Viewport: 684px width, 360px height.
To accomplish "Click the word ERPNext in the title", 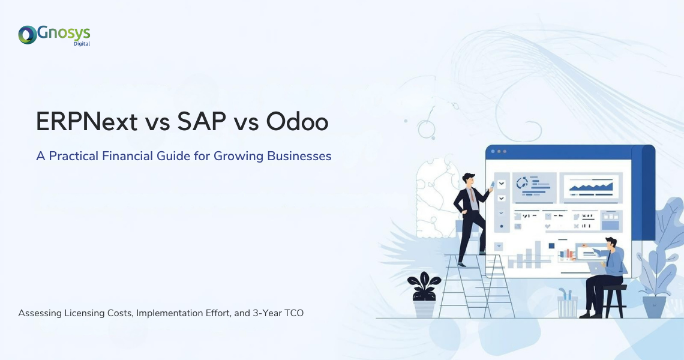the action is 87,121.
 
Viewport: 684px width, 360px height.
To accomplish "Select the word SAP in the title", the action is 202,121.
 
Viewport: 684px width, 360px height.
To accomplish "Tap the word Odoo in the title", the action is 297,121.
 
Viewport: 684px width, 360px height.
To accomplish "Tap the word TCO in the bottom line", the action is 294,313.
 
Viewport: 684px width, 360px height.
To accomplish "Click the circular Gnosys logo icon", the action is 28,35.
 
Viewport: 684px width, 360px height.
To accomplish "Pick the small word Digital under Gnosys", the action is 82,44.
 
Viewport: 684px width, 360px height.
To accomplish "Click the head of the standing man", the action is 469,179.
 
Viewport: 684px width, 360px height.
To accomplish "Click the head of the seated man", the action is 611,244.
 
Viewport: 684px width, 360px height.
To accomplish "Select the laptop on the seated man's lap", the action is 596,268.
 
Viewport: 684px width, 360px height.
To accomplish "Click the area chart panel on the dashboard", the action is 591,187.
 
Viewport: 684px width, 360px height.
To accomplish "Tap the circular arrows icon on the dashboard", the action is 522,183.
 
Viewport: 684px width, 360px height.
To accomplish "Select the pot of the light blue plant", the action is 655,307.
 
